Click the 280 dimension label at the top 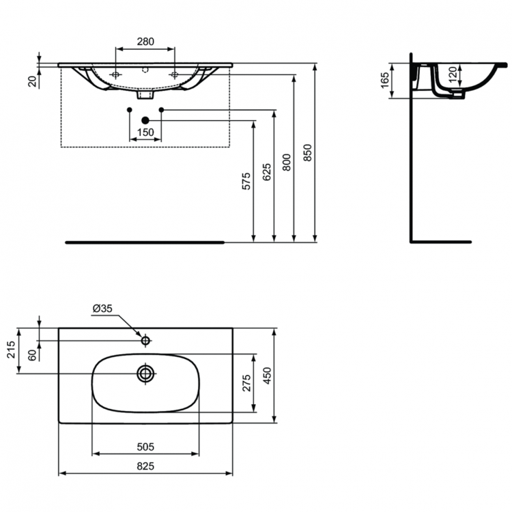pyautogui.click(x=145, y=42)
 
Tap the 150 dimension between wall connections pyautogui.click(x=145, y=132)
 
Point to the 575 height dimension pyautogui.click(x=247, y=181)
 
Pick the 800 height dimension pyautogui.click(x=287, y=162)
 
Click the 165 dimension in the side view pyautogui.click(x=384, y=81)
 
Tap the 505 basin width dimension pyautogui.click(x=145, y=447)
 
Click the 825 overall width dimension pyautogui.click(x=145, y=466)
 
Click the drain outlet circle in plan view pyautogui.click(x=145, y=373)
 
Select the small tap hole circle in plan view pyautogui.click(x=145, y=339)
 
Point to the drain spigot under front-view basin pyautogui.click(x=143, y=96)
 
